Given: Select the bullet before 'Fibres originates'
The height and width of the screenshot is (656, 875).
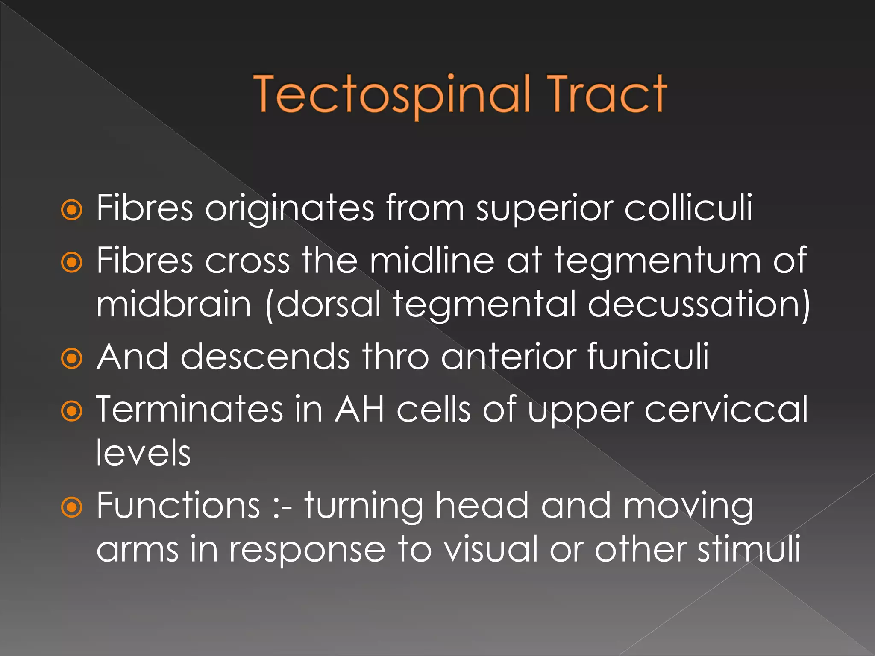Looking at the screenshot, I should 71,210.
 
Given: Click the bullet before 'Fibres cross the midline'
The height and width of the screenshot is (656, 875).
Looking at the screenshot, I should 71,262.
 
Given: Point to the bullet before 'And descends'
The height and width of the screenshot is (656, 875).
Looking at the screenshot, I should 71,358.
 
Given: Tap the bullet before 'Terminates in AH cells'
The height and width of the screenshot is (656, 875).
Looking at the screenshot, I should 71,411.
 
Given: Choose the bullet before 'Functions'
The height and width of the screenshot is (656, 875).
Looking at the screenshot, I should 71,507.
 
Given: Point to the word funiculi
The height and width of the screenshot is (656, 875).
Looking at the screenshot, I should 648,357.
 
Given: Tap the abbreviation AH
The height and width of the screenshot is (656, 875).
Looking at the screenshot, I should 359,410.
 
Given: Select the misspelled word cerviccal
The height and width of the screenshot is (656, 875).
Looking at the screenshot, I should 726,410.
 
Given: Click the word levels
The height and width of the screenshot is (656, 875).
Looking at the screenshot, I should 144,453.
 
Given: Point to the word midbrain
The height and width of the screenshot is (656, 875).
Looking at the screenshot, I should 173,304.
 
